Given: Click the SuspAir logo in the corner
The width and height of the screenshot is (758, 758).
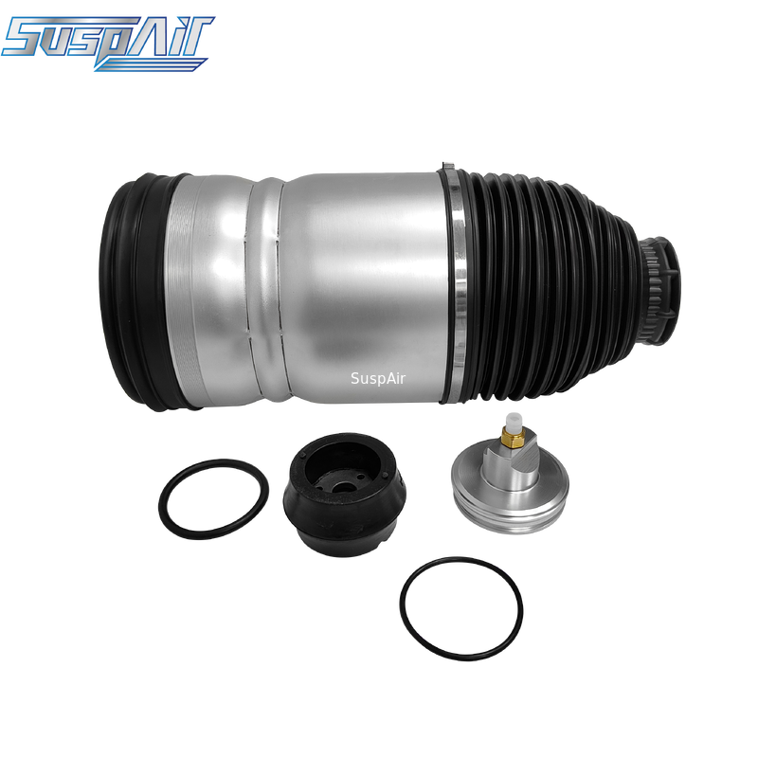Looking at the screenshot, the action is (107, 43).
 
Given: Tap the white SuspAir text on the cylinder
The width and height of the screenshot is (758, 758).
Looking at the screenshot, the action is (378, 378).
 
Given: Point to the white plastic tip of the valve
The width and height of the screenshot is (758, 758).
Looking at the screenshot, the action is (513, 422).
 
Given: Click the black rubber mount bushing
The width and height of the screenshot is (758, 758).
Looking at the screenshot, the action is (344, 495).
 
